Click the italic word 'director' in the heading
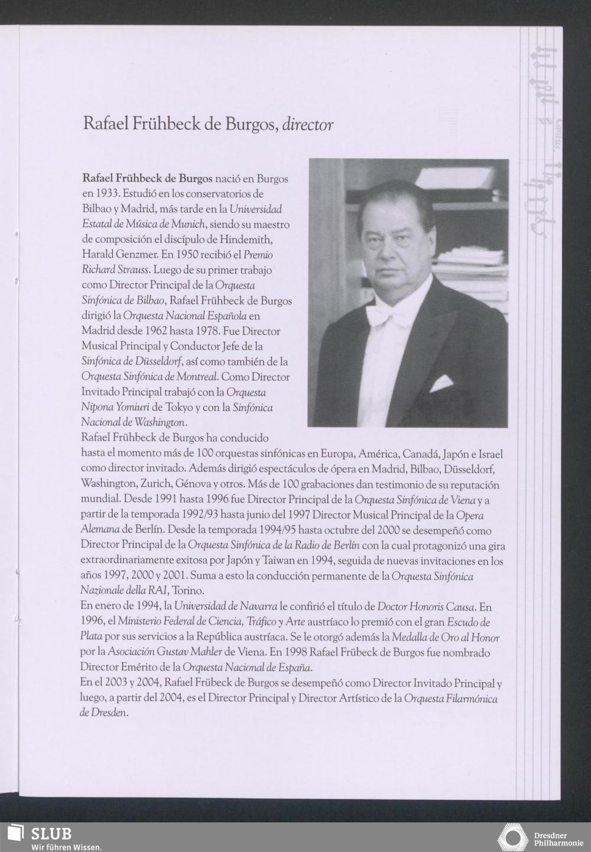click(308, 125)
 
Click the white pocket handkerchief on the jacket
click(441, 384)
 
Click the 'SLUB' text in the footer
click(51, 834)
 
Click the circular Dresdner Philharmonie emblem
click(512, 837)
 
